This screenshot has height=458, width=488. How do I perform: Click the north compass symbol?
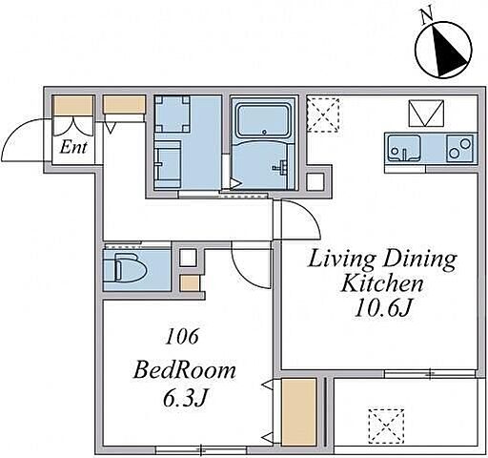pos(443,50)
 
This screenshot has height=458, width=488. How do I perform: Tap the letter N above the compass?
pos(426,16)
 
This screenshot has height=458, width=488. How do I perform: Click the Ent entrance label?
pos(73,147)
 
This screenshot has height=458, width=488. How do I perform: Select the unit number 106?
pos(182,337)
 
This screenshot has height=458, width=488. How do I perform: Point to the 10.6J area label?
pos(383,308)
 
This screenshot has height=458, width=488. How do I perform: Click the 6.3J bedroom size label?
pos(185,398)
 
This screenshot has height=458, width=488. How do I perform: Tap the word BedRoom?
pos(185,370)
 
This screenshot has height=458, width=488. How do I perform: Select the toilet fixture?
pos(130,267)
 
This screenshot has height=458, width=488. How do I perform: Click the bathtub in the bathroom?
pos(264,120)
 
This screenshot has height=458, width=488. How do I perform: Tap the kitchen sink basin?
pos(404,149)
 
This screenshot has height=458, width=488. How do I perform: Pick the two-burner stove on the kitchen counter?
pos(459,149)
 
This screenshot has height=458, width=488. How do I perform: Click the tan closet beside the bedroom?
pos(299,411)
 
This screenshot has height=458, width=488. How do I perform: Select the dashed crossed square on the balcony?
pos(386,427)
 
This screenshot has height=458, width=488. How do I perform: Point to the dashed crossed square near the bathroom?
pos(323,114)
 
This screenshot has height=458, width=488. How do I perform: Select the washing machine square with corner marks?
pos(173,114)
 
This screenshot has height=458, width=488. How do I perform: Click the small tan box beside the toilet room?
pos(190,283)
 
